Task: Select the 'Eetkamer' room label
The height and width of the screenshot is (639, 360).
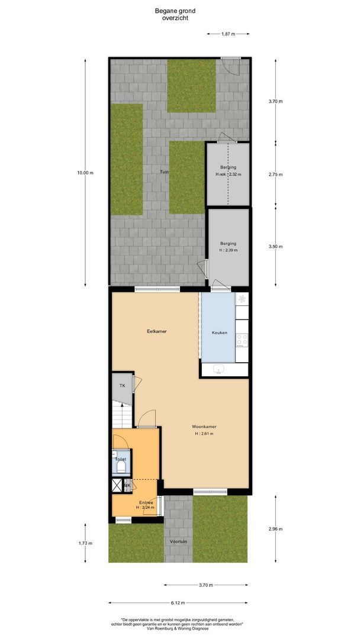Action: [156, 331]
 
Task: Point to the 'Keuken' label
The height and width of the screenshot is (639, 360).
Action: [220, 333]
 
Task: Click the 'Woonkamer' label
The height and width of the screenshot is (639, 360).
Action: [203, 426]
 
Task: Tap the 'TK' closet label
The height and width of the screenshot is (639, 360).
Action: [123, 386]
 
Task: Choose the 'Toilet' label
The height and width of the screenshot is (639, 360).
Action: [120, 459]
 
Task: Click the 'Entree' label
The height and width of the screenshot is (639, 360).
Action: [145, 502]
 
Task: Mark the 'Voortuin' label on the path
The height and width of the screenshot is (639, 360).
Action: [178, 541]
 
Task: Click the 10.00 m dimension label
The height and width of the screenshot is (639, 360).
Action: [85, 173]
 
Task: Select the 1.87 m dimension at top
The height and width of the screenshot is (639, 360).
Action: [228, 34]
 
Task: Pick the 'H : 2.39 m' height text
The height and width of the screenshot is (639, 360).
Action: [229, 250]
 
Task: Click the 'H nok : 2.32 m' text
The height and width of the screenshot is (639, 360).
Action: [229, 175]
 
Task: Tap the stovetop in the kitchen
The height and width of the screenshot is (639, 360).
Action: [242, 340]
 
